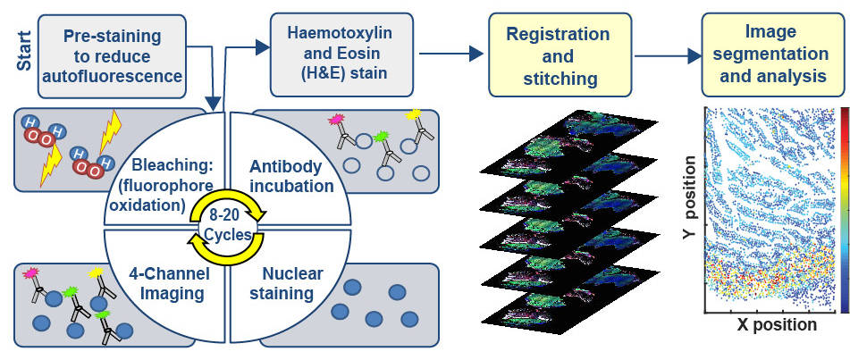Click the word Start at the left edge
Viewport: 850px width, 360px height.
click(x=25, y=48)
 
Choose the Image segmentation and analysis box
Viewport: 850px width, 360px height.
click(x=772, y=55)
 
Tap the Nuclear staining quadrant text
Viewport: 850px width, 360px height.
click(x=288, y=283)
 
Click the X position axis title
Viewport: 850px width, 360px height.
click(x=776, y=324)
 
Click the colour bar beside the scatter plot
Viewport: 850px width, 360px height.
click(x=845, y=209)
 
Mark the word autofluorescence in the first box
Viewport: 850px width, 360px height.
click(x=112, y=76)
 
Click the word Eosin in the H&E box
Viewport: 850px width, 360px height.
click(x=315, y=54)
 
